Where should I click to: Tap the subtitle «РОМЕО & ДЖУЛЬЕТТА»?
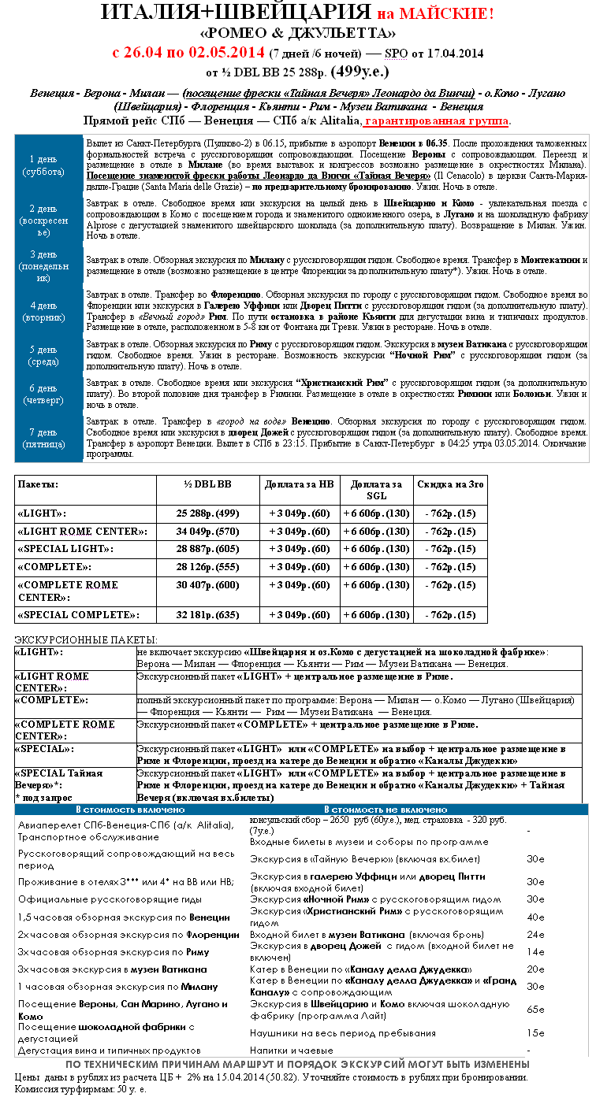tap(297, 33)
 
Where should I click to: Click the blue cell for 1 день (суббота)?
tap(48, 165)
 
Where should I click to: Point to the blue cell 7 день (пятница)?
tap(48, 438)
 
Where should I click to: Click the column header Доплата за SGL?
tap(376, 489)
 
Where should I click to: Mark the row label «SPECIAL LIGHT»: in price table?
tap(65, 548)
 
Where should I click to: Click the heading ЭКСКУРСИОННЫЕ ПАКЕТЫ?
tap(86, 639)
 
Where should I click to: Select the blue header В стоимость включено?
tap(130, 810)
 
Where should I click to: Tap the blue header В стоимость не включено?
tap(386, 810)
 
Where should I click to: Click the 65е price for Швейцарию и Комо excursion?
tap(535, 1009)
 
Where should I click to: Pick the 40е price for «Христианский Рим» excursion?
tap(535, 917)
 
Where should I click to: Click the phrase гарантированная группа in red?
tap(437, 121)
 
